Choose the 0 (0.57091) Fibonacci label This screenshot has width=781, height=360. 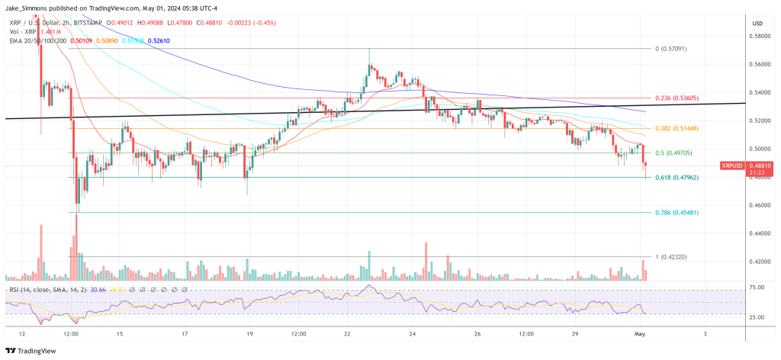click(671, 48)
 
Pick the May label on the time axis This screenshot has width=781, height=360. click(640, 334)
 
